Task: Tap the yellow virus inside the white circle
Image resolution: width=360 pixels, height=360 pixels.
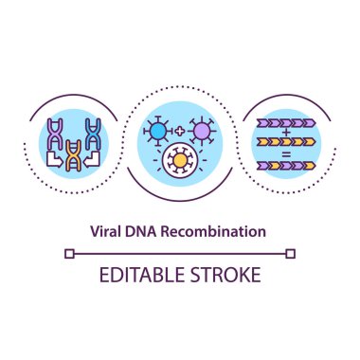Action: click(178, 160)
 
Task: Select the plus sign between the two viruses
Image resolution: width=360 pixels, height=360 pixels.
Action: click(179, 129)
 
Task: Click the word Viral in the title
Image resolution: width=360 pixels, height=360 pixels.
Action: click(107, 230)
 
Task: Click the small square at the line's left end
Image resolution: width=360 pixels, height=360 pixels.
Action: click(68, 253)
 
